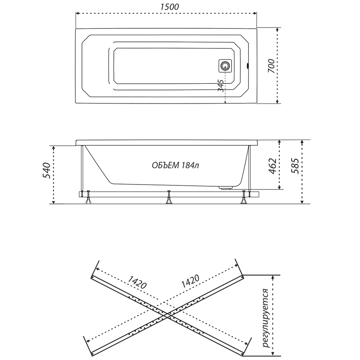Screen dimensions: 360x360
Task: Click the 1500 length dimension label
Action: pyautogui.click(x=170, y=7)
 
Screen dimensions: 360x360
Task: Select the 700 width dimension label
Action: pyautogui.click(x=271, y=66)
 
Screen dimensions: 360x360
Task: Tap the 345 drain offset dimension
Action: pyautogui.click(x=220, y=85)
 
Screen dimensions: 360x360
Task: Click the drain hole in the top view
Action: pyautogui.click(x=225, y=66)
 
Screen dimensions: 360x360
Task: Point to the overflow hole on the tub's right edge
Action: pyautogui.click(x=247, y=66)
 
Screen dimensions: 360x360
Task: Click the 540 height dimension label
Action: pyautogui.click(x=46, y=171)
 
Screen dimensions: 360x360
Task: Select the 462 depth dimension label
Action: pyautogui.click(x=272, y=166)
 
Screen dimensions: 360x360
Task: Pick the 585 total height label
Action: pyautogui.click(x=295, y=166)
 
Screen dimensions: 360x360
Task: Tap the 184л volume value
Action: pyautogui.click(x=190, y=165)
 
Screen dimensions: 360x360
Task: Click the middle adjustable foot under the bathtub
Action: pyautogui.click(x=169, y=197)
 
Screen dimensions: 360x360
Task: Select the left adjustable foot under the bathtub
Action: pyautogui.click(x=88, y=197)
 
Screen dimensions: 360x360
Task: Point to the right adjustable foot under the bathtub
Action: pyautogui.click(x=243, y=197)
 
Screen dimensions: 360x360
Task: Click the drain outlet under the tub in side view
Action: pyautogui.click(x=226, y=188)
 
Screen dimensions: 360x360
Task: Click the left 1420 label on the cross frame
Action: pyautogui.click(x=137, y=282)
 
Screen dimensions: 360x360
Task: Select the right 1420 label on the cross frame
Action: pyautogui.click(x=190, y=281)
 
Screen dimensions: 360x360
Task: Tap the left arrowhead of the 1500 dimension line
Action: pyautogui.click(x=77, y=13)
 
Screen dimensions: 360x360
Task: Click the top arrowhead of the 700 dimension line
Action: pyautogui.click(x=277, y=30)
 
